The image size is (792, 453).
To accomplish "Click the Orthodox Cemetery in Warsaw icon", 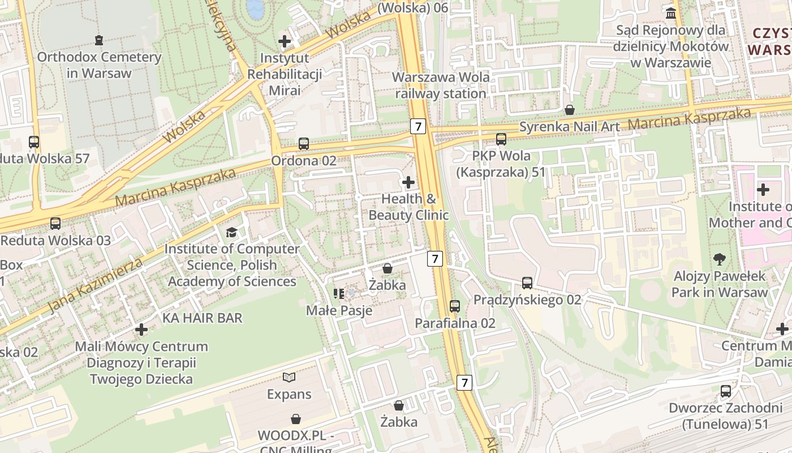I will click(99, 40).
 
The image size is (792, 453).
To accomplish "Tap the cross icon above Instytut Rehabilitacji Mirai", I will click(285, 41).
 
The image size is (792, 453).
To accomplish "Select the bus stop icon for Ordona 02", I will click(304, 144).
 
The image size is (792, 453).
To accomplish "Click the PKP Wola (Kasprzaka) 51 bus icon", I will click(501, 139).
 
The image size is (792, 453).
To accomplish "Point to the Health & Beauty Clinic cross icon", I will click(408, 182).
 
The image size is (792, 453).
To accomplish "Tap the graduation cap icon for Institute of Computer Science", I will click(231, 232).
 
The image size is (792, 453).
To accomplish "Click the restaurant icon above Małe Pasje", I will click(339, 293).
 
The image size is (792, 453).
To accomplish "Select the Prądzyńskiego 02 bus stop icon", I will click(527, 283).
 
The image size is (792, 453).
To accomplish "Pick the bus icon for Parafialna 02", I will click(455, 306).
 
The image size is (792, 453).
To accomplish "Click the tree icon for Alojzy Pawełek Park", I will click(720, 259).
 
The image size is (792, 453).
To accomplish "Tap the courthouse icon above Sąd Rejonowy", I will click(671, 12).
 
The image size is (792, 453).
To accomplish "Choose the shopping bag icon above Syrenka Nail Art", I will click(570, 110).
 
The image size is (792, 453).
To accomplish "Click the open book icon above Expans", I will click(289, 377).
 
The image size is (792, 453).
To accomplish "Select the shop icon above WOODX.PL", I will click(295, 419).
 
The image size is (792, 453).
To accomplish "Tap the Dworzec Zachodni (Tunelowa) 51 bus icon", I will click(726, 391).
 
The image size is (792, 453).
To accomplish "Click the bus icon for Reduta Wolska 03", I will click(55, 223).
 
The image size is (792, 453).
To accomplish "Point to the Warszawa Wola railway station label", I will click(441, 85).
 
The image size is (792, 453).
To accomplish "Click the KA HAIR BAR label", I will click(202, 318).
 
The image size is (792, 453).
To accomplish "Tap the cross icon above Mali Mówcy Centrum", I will click(141, 329).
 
